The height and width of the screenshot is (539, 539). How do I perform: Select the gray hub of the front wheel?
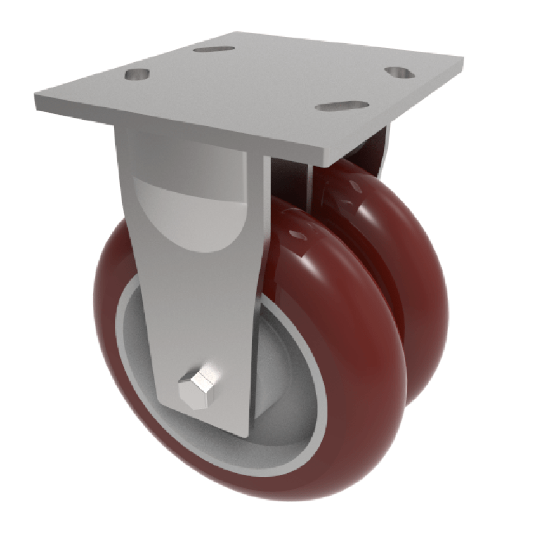pyautogui.click(x=290, y=404)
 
